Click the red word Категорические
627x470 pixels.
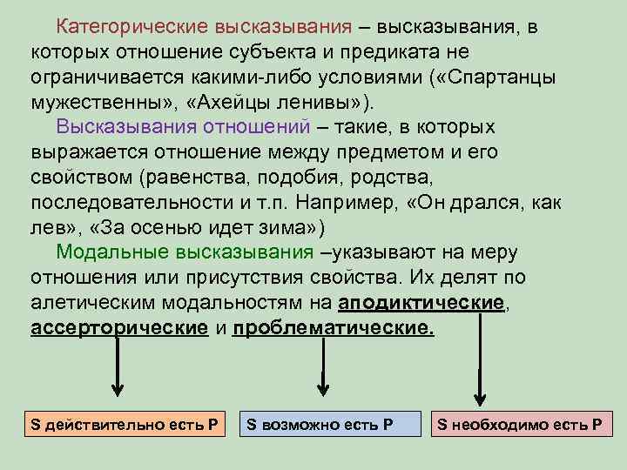pyautogui.click(x=125, y=27)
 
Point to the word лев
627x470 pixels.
pyautogui.click(x=45, y=229)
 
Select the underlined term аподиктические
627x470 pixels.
pyautogui.click(x=421, y=304)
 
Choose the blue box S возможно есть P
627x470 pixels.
pyautogui.click(x=328, y=425)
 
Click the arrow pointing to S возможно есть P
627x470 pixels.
pyautogui.click(x=322, y=366)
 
